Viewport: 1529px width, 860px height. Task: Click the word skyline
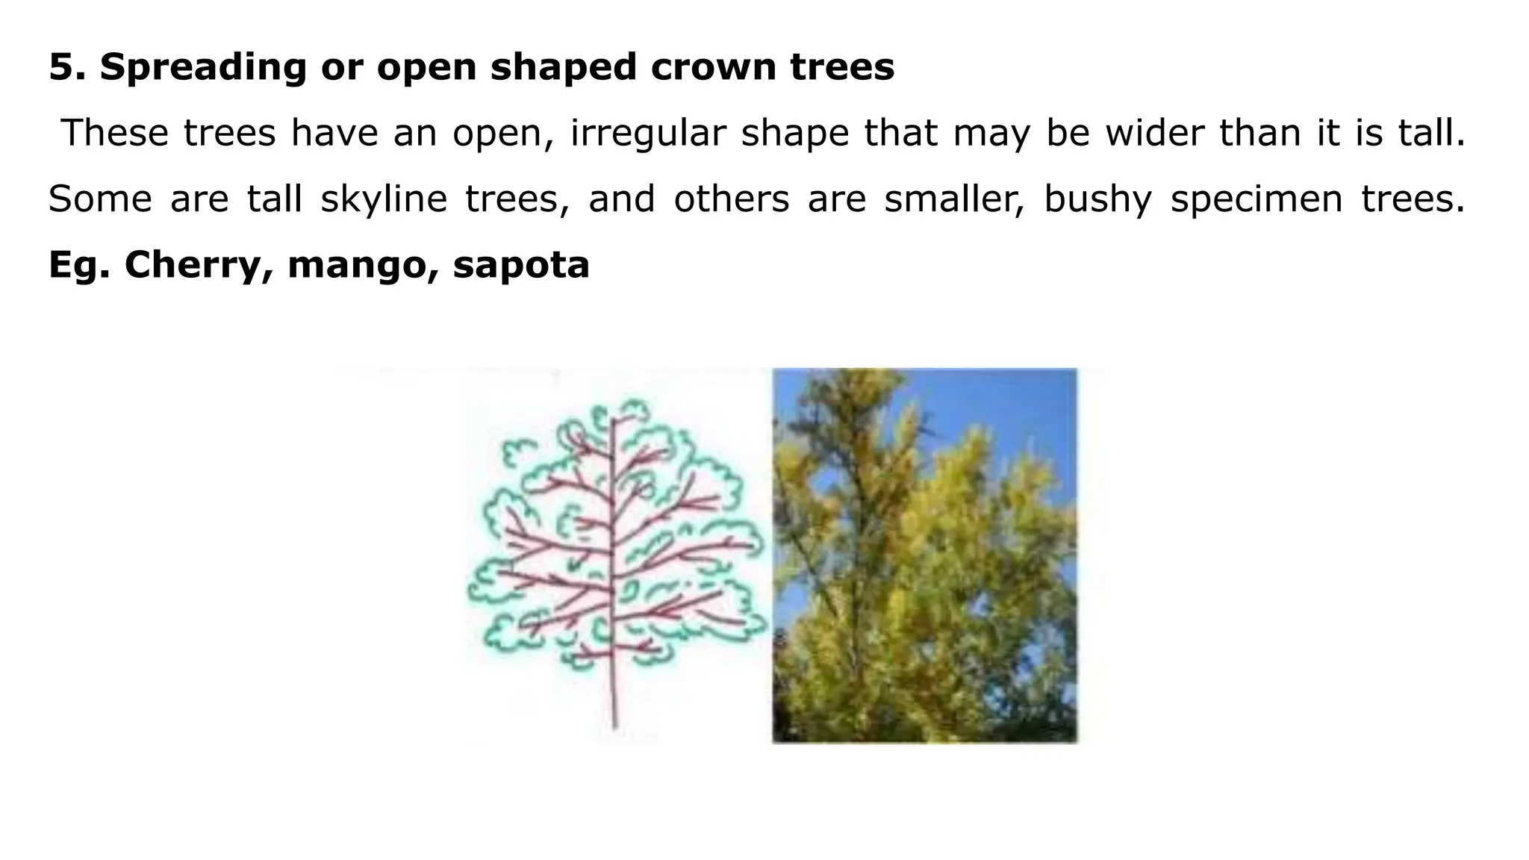click(x=384, y=199)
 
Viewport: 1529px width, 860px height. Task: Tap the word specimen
click(x=1256, y=199)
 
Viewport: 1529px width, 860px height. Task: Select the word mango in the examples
click(x=358, y=265)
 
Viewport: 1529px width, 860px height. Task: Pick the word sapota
click(x=521, y=265)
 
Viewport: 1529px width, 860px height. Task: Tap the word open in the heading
click(x=426, y=67)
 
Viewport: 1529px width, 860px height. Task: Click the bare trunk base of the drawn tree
click(x=614, y=698)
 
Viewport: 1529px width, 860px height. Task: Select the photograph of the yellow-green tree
click(x=924, y=555)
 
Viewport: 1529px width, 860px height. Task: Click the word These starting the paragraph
click(x=115, y=133)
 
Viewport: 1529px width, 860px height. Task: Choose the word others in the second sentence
click(x=732, y=199)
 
